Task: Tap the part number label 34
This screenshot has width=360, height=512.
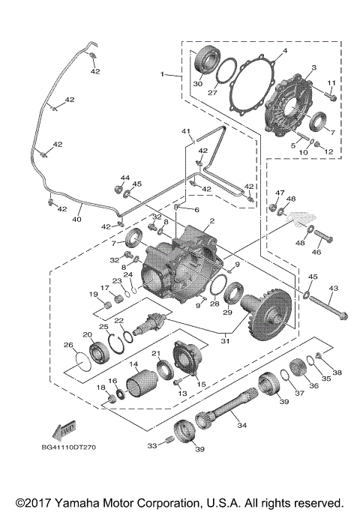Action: click(x=241, y=425)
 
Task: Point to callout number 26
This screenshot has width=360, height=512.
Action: click(x=68, y=346)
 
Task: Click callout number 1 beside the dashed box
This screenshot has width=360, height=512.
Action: click(x=163, y=74)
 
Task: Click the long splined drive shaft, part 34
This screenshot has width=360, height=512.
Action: click(x=228, y=410)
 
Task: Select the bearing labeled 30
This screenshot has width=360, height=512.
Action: click(x=206, y=61)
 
